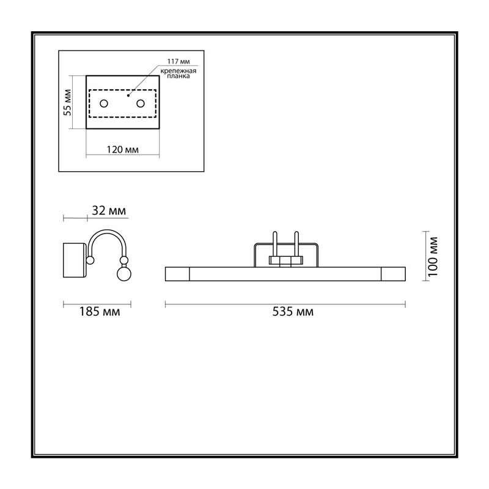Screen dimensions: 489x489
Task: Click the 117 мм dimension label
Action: click(178, 62)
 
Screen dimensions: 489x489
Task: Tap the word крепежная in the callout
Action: click(178, 71)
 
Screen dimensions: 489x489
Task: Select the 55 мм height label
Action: click(67, 102)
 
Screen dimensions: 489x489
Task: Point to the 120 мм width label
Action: click(123, 150)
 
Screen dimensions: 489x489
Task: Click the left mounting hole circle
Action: click(104, 103)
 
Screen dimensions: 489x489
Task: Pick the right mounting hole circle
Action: click(141, 103)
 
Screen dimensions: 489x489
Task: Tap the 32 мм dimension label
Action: click(109, 211)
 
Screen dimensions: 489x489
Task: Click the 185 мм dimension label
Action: click(100, 312)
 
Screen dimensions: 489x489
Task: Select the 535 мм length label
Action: click(293, 312)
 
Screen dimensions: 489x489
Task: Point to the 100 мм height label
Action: click(433, 257)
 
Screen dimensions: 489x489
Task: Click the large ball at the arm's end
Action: click(124, 273)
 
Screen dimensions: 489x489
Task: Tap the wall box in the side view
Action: click(75, 260)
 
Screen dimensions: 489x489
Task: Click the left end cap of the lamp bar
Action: click(177, 274)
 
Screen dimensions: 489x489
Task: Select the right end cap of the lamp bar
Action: click(393, 274)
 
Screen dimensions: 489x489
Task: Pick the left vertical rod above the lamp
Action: click(274, 249)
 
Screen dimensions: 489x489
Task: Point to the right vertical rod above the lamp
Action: click(296, 249)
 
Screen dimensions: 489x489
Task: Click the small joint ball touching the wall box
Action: click(90, 260)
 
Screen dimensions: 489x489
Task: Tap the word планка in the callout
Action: click(178, 76)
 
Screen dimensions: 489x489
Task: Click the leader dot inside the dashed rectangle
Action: click(128, 95)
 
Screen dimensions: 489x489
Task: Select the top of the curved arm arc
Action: click(107, 231)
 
